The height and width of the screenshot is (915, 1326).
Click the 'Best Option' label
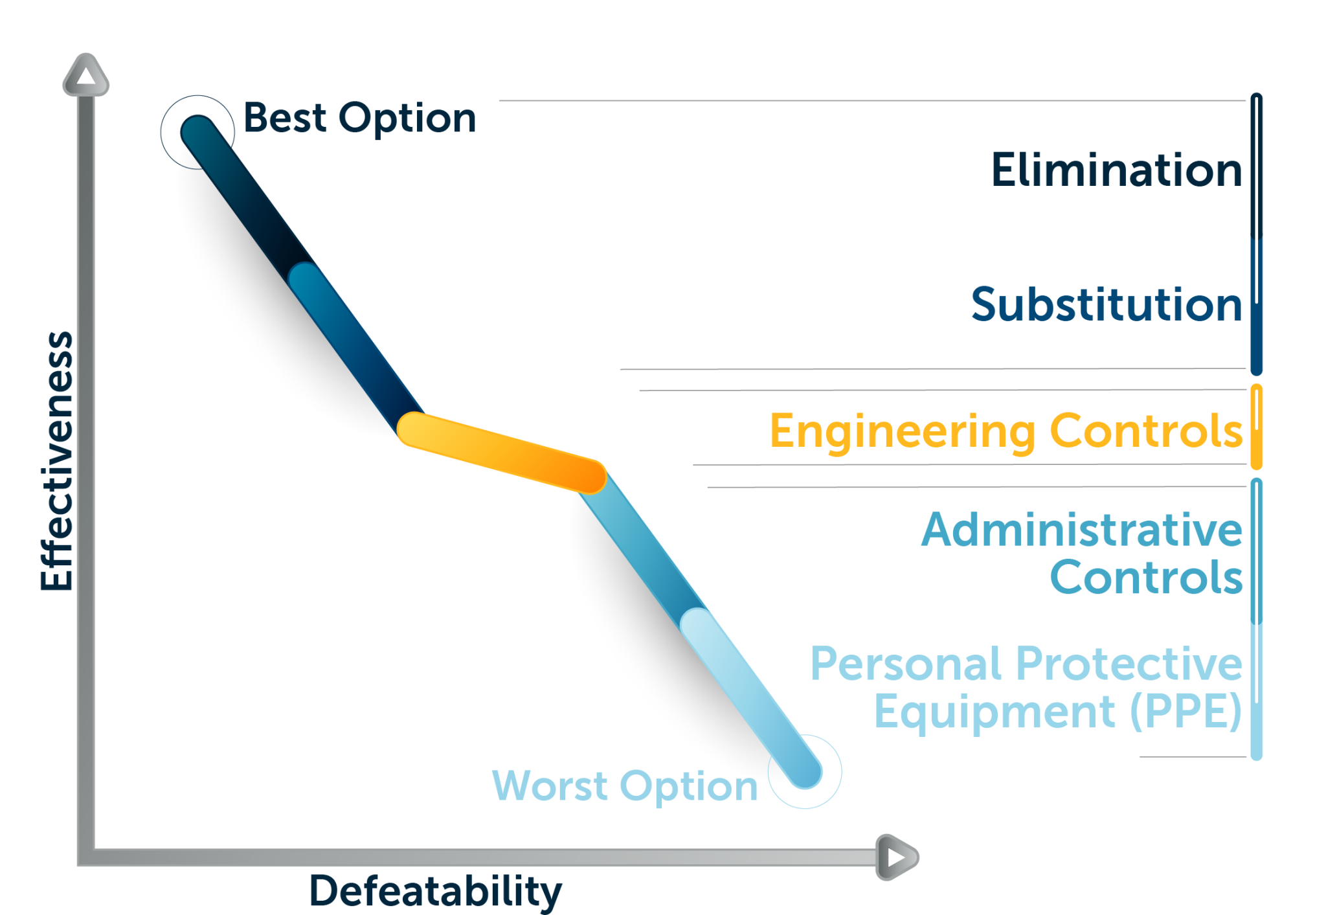tap(359, 119)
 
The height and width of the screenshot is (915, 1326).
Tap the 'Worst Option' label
tap(625, 787)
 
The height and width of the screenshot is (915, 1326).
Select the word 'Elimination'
tap(1117, 170)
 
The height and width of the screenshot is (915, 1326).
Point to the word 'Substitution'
tap(1107, 304)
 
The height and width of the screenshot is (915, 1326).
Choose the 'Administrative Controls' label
tap(1082, 552)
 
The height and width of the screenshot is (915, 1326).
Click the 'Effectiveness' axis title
tap(57, 461)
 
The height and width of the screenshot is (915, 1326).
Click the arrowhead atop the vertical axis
tap(85, 74)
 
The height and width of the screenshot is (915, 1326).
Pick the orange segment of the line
tap(502, 453)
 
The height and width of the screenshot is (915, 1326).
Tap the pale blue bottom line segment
tap(751, 699)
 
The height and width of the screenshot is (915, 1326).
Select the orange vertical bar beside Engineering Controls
tap(1257, 427)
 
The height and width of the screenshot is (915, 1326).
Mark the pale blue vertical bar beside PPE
tap(1257, 692)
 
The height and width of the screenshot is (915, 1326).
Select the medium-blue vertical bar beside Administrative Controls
tap(1257, 551)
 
